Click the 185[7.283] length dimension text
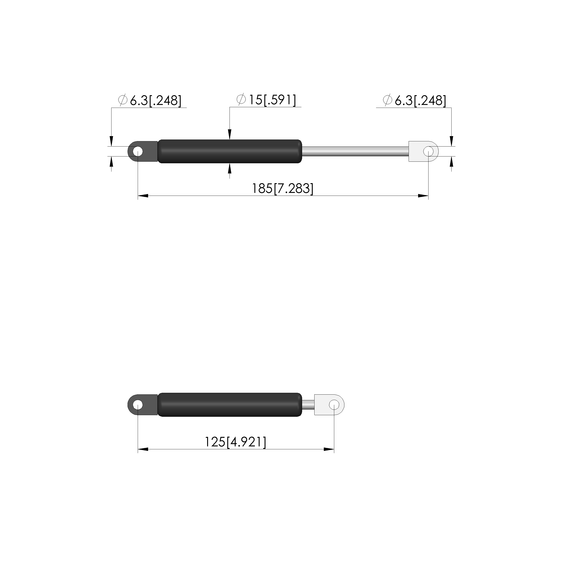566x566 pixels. (283, 188)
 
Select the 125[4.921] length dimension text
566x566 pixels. (235, 442)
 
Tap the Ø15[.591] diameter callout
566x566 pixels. (266, 100)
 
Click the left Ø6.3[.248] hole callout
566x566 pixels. (150, 100)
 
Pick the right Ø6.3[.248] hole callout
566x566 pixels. (414, 100)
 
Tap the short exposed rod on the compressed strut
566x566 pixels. (308, 405)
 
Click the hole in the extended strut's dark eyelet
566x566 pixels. (138, 152)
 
